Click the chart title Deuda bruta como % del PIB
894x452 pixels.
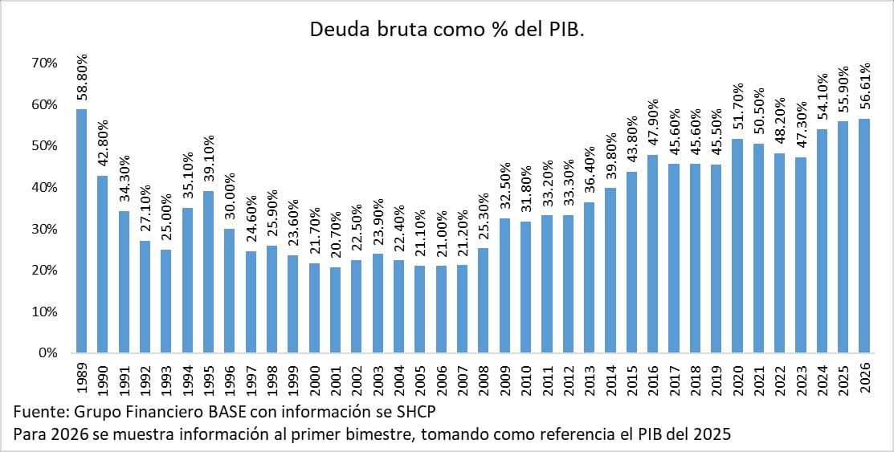447,30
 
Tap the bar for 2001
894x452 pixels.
334,310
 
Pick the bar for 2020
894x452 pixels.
737,246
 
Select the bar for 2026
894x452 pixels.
863,236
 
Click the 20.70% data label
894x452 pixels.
334,237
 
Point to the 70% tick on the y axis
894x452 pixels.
43,63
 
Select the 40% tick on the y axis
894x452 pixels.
43,187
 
